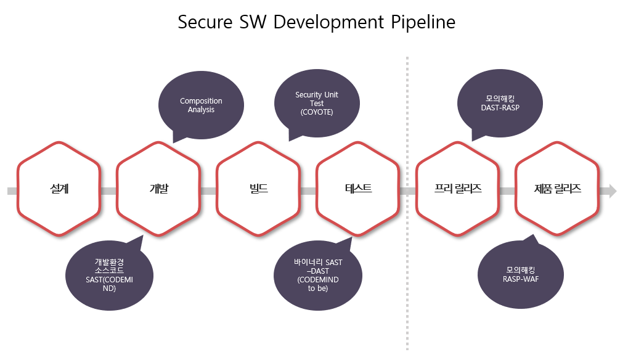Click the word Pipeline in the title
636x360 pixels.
pyautogui.click(x=423, y=23)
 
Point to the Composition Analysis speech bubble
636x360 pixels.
pyautogui.click(x=201, y=105)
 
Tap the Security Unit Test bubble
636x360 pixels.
pyautogui.click(x=317, y=104)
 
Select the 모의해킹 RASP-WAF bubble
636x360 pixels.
pyautogui.click(x=521, y=274)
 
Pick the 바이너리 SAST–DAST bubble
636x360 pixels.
pyautogui.click(x=317, y=276)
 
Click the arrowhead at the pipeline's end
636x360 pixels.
pyautogui.click(x=612, y=190)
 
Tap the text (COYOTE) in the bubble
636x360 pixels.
pyautogui.click(x=317, y=112)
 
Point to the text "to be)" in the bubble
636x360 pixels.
pyautogui.click(x=318, y=288)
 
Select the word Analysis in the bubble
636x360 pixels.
pyautogui.click(x=201, y=110)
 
